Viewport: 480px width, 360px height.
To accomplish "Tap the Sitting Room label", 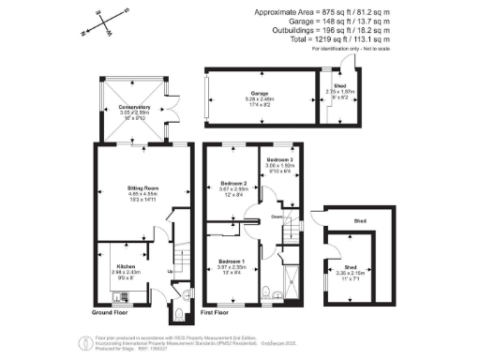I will pyautogui.click(x=139, y=188).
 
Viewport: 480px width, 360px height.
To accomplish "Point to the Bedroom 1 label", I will pyautogui.click(x=232, y=261).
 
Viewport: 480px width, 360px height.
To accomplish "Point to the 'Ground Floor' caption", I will pyautogui.click(x=110, y=311).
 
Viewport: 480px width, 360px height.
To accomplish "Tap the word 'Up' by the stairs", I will pyautogui.click(x=169, y=274).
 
